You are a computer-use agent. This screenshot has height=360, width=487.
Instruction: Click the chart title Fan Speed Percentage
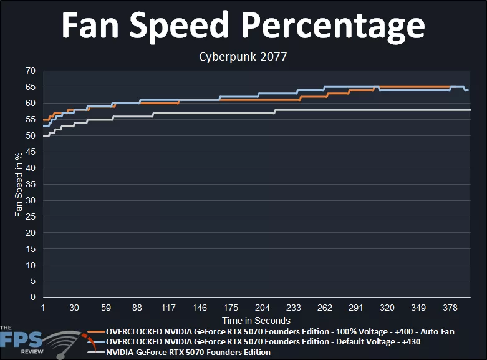coord(243,26)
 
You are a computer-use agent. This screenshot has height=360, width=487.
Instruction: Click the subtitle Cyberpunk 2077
coord(243,57)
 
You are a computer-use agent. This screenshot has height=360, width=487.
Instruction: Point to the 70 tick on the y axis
coord(30,71)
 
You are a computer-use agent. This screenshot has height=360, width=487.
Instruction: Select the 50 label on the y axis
coord(30,135)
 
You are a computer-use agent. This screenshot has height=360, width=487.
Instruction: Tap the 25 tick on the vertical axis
coord(30,216)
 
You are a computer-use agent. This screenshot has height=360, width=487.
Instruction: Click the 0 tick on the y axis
coord(32,298)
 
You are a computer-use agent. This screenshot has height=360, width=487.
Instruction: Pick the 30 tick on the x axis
coord(74,308)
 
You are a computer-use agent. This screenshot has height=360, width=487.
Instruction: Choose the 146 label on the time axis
coord(200,308)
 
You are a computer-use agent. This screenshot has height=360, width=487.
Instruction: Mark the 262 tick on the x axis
coord(325,308)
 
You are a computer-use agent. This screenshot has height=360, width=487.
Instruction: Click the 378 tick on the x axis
coord(450,308)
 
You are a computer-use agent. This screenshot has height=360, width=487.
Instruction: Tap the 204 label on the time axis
coord(263,308)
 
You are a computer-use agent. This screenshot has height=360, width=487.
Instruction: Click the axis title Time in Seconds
coord(256,321)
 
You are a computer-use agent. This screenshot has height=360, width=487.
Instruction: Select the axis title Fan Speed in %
coord(19,184)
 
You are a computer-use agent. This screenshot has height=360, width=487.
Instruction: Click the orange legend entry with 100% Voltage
coord(280,331)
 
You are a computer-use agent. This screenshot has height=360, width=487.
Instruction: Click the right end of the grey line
coord(470,110)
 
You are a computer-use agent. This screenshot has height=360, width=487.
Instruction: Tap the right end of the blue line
coord(469,90)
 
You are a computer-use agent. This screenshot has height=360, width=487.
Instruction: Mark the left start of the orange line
coord(43,119)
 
